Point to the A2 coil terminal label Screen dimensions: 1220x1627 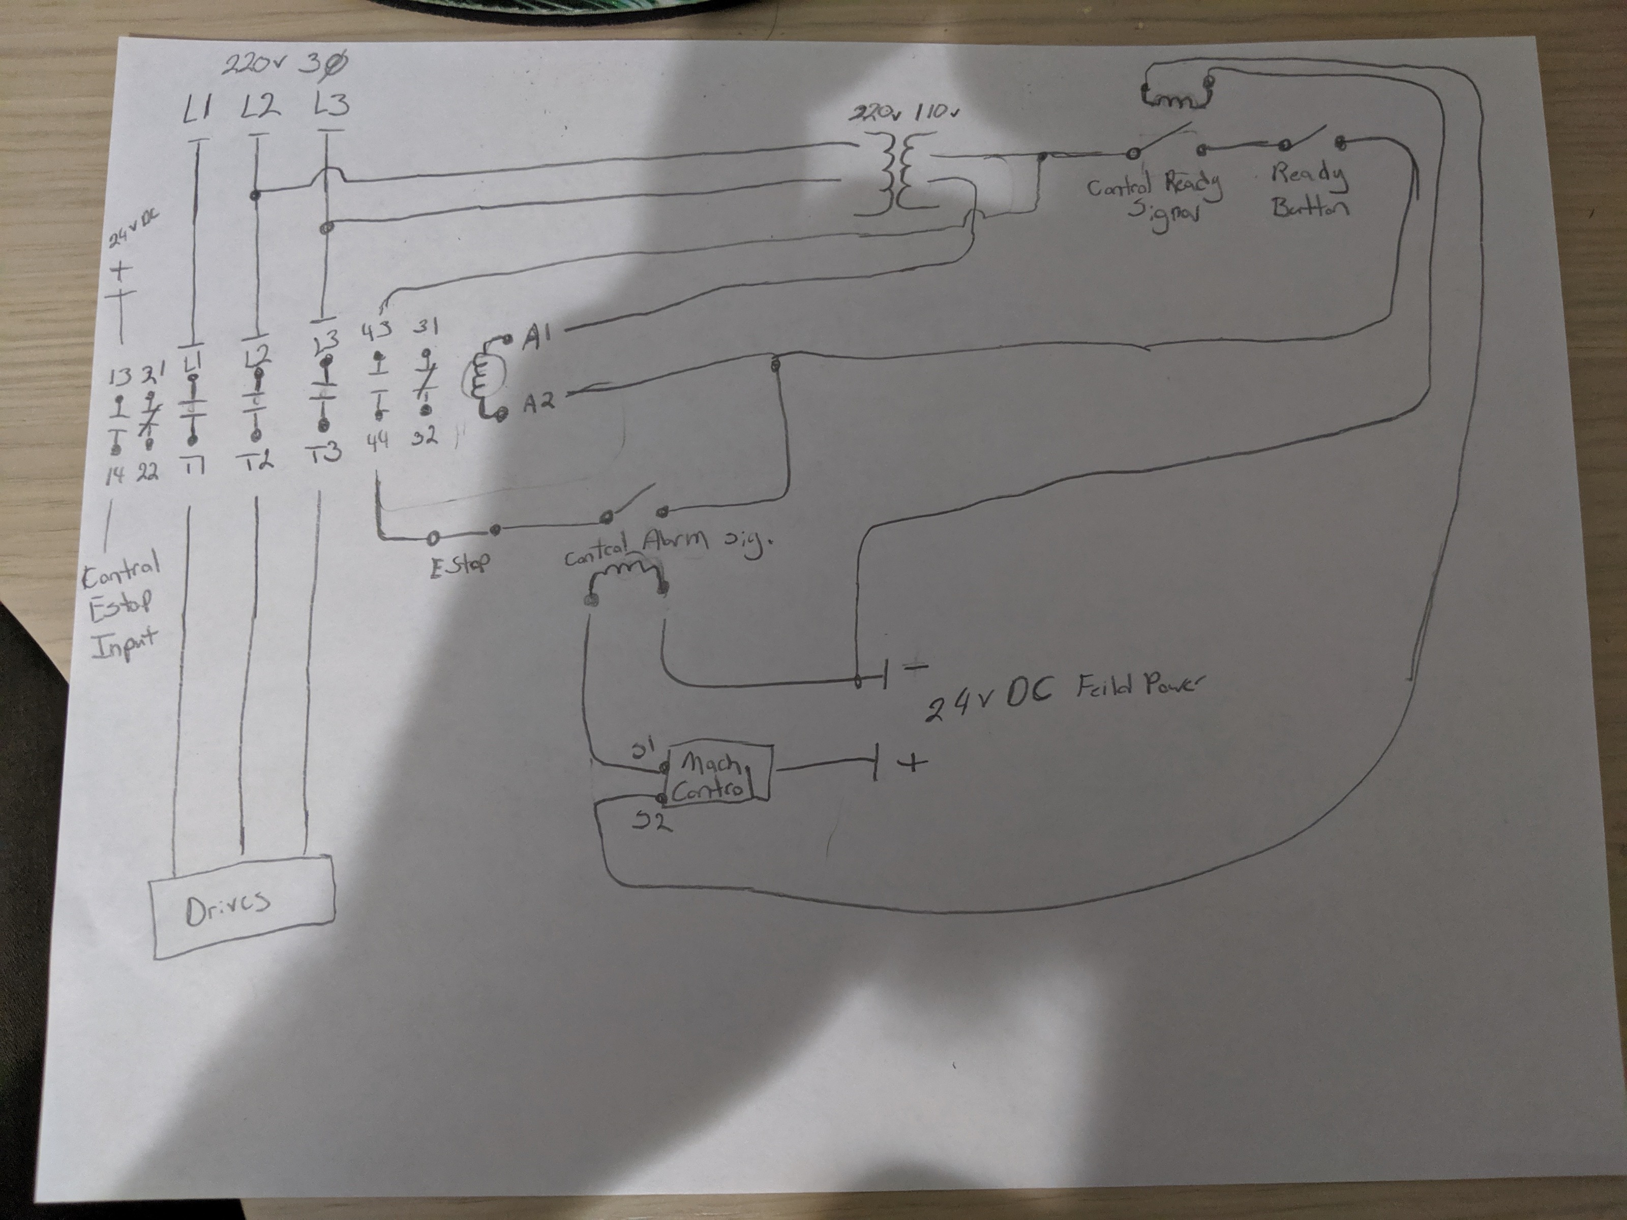pos(539,402)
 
